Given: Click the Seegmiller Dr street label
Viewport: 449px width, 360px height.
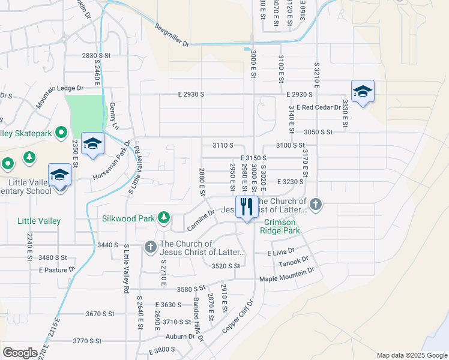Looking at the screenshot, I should coord(171,36).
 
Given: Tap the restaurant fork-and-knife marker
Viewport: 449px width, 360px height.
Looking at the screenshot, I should coord(247,208).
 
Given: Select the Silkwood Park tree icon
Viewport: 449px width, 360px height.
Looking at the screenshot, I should coord(163,217).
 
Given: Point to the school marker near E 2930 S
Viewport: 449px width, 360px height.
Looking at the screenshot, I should coord(363,92).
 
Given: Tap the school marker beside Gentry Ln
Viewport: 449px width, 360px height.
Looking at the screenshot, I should coord(93,144).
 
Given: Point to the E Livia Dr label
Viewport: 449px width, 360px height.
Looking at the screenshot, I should coord(282,253).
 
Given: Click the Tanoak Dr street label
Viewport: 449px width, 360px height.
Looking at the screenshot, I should coord(294,262).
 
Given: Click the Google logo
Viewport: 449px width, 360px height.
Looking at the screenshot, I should coord(20,353).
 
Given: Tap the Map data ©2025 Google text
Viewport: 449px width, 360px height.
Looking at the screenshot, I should coord(411,355).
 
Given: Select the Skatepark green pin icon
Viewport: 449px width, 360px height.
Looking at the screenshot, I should coord(61,133).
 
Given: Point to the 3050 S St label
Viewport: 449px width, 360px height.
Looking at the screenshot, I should coord(319,131).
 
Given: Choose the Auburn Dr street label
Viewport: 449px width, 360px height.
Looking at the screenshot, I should coord(181,337).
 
